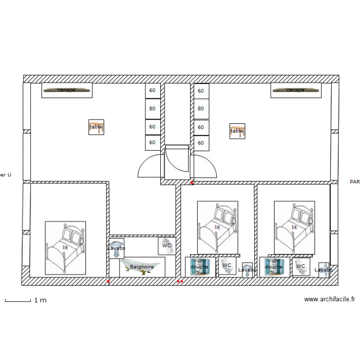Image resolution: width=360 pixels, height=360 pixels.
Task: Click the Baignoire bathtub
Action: [142, 266]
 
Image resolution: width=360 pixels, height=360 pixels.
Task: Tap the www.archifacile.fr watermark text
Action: [329, 300]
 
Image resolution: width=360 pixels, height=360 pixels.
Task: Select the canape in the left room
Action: [67, 90]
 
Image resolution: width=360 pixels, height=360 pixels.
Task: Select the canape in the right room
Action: [295, 90]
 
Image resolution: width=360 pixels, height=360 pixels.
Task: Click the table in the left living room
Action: [96, 127]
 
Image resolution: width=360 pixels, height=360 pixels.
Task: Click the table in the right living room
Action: [237, 131]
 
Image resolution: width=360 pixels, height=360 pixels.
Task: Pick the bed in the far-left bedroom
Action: [65, 247]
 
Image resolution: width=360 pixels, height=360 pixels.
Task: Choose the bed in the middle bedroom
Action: [217, 227]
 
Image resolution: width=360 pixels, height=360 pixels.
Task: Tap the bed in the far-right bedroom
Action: [294, 227]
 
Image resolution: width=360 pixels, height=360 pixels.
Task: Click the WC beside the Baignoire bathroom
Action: [167, 245]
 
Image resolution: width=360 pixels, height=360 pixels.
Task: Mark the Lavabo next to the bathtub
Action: [116, 248]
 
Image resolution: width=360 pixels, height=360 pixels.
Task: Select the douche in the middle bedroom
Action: [199, 267]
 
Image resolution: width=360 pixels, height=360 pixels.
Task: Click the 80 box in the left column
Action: [152, 108]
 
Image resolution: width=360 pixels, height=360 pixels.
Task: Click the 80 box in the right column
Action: [201, 108]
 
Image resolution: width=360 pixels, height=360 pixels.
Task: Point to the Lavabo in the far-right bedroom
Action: [324, 270]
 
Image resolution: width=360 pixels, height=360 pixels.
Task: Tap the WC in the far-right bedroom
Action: [301, 266]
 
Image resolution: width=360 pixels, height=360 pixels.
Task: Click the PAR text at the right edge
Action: [355, 182]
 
